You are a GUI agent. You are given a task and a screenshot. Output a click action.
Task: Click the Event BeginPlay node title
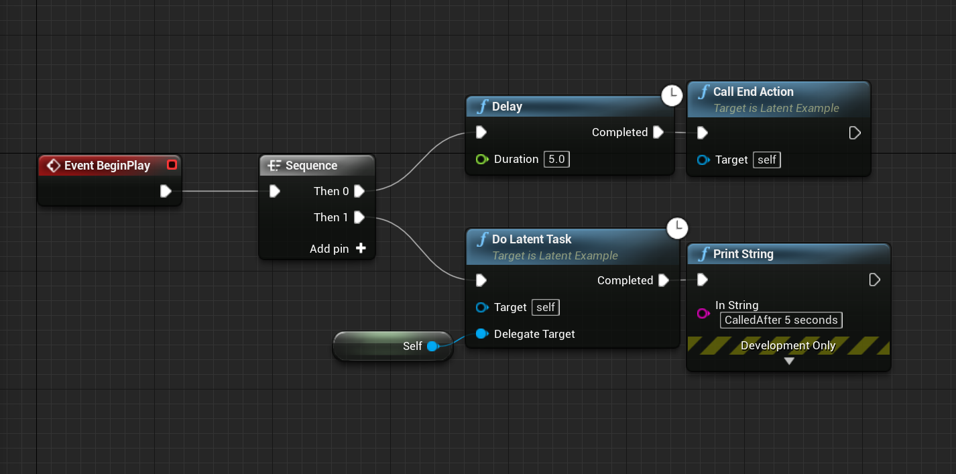click(x=107, y=166)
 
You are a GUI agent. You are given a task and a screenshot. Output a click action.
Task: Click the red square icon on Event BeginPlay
click(x=172, y=165)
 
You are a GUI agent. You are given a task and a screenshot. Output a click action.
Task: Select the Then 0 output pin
click(x=359, y=191)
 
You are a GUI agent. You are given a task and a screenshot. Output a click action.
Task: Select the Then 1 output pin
click(x=359, y=217)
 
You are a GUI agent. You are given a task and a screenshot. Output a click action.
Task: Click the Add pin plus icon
click(x=361, y=249)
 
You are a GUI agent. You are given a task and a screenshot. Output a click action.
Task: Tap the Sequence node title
click(x=311, y=166)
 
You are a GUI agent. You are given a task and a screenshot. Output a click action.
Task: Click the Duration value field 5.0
click(x=556, y=160)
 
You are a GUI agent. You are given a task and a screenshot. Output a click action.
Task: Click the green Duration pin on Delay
click(x=481, y=160)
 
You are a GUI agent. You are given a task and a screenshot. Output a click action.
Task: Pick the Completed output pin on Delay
click(x=658, y=132)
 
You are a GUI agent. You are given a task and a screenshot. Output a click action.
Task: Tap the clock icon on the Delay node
click(x=672, y=95)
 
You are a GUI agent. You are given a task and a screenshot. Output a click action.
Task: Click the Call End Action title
click(x=753, y=92)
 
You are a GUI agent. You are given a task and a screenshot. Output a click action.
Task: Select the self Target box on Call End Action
click(x=767, y=160)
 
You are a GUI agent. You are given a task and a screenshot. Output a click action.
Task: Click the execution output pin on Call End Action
click(x=855, y=133)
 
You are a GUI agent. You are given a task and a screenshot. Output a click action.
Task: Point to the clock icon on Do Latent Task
click(x=678, y=227)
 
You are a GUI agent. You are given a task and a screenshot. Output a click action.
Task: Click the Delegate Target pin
click(x=481, y=334)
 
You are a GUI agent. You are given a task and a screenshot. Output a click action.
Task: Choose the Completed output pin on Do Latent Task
click(x=664, y=280)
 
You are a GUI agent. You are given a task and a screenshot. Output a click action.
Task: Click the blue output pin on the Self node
click(x=432, y=346)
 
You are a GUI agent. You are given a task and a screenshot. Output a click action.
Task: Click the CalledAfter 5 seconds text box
click(x=781, y=320)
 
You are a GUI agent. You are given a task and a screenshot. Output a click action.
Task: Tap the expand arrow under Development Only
click(x=789, y=361)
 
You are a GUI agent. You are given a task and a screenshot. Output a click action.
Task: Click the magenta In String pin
click(x=703, y=313)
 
